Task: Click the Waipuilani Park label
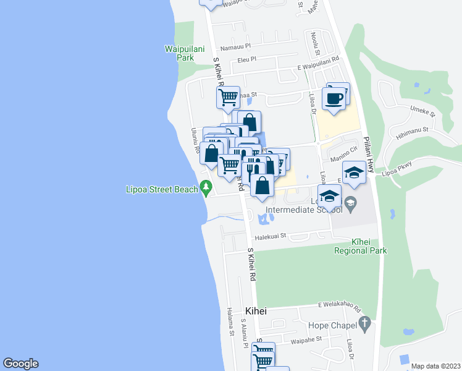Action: [180, 53]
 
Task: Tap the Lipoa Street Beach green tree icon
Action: [205, 187]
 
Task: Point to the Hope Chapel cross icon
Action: [364, 322]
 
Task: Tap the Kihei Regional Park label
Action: [360, 246]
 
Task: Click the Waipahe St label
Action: [307, 339]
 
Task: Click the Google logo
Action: [20, 364]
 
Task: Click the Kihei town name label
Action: [255, 311]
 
